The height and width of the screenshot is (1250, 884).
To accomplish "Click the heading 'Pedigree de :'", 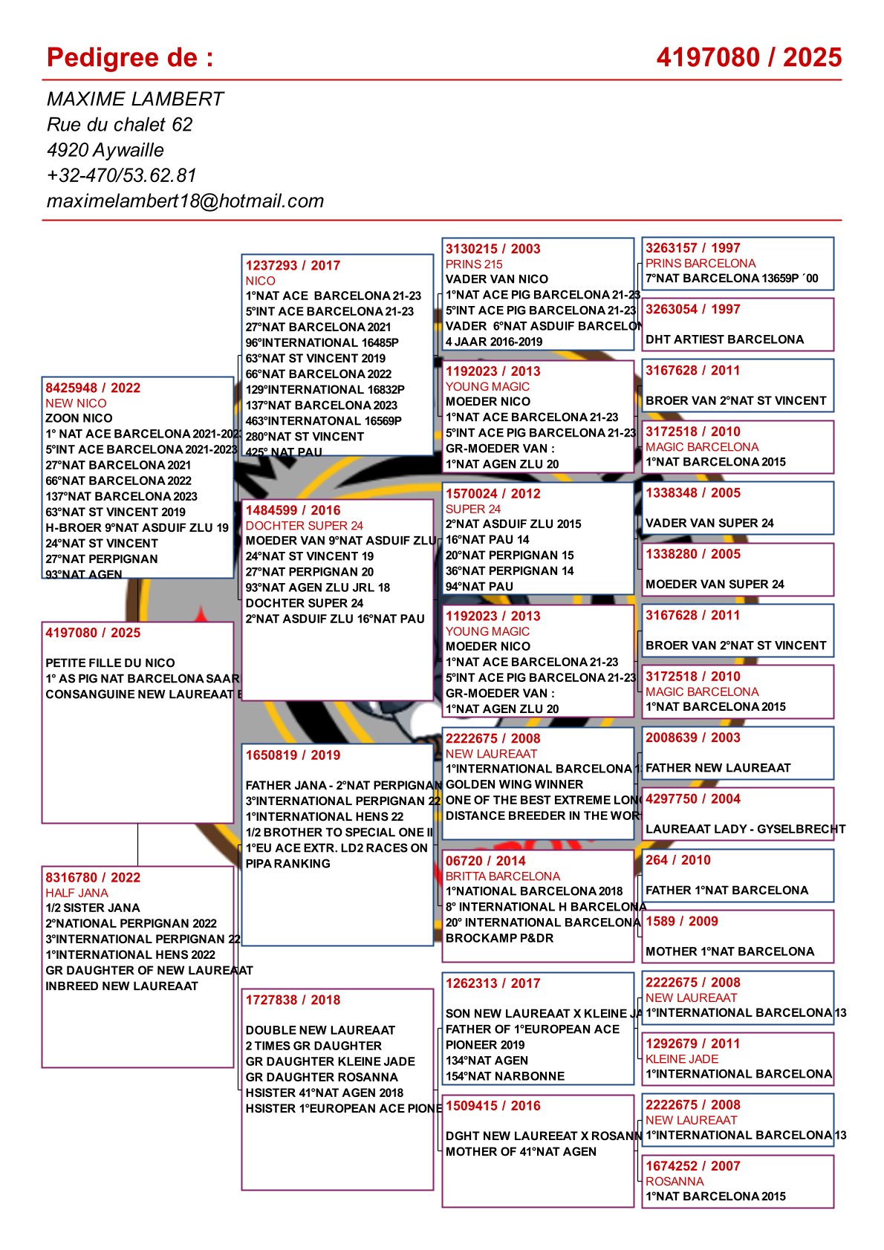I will (130, 58).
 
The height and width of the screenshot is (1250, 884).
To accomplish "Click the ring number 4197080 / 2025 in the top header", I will (749, 58).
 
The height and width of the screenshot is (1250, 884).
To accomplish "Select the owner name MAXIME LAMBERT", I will (134, 99).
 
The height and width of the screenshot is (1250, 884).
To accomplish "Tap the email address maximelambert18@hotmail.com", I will (185, 201).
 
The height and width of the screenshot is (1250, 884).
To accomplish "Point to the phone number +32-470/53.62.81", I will (121, 175).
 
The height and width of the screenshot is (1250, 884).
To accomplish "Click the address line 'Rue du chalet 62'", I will (120, 124).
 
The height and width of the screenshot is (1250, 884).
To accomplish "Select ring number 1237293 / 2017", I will (293, 265).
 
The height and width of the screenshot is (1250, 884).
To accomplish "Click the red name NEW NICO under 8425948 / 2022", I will (76, 403).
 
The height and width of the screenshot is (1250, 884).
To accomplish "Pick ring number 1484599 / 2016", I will (293, 510).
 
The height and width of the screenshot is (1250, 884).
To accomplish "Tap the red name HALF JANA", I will (77, 893).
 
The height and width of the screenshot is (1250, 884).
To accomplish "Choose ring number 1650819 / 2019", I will (293, 755).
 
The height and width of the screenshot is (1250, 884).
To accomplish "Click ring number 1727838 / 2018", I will (293, 1000).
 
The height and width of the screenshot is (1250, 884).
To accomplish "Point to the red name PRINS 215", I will (474, 264).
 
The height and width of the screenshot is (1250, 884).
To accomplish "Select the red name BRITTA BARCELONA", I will (503, 876).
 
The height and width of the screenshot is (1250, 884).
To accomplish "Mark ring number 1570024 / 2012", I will (493, 494).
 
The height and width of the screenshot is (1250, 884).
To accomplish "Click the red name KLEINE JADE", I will (682, 1059).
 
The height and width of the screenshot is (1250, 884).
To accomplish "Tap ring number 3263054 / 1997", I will (692, 310).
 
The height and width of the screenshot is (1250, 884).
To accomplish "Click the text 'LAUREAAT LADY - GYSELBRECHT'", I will (745, 829).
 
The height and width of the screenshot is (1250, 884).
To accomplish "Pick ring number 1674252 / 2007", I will (692, 1166).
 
